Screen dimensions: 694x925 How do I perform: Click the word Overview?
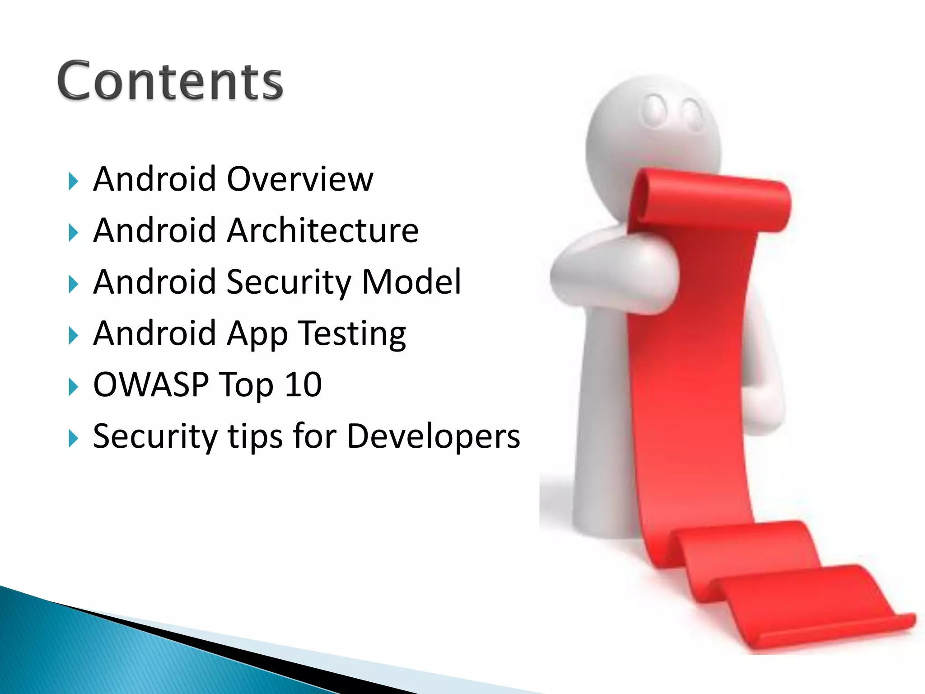point(300,179)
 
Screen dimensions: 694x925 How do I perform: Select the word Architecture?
point(322,230)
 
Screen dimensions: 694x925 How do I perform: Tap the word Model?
point(411,281)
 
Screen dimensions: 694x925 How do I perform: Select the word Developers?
point(433,436)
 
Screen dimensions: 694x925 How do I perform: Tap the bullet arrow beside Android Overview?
point(73,182)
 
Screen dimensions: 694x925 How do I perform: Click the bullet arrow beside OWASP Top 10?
point(73,387)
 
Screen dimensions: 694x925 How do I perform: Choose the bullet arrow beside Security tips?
point(73,439)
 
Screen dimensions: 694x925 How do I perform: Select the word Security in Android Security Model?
point(288,282)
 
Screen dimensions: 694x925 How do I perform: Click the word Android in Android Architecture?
point(154,230)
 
